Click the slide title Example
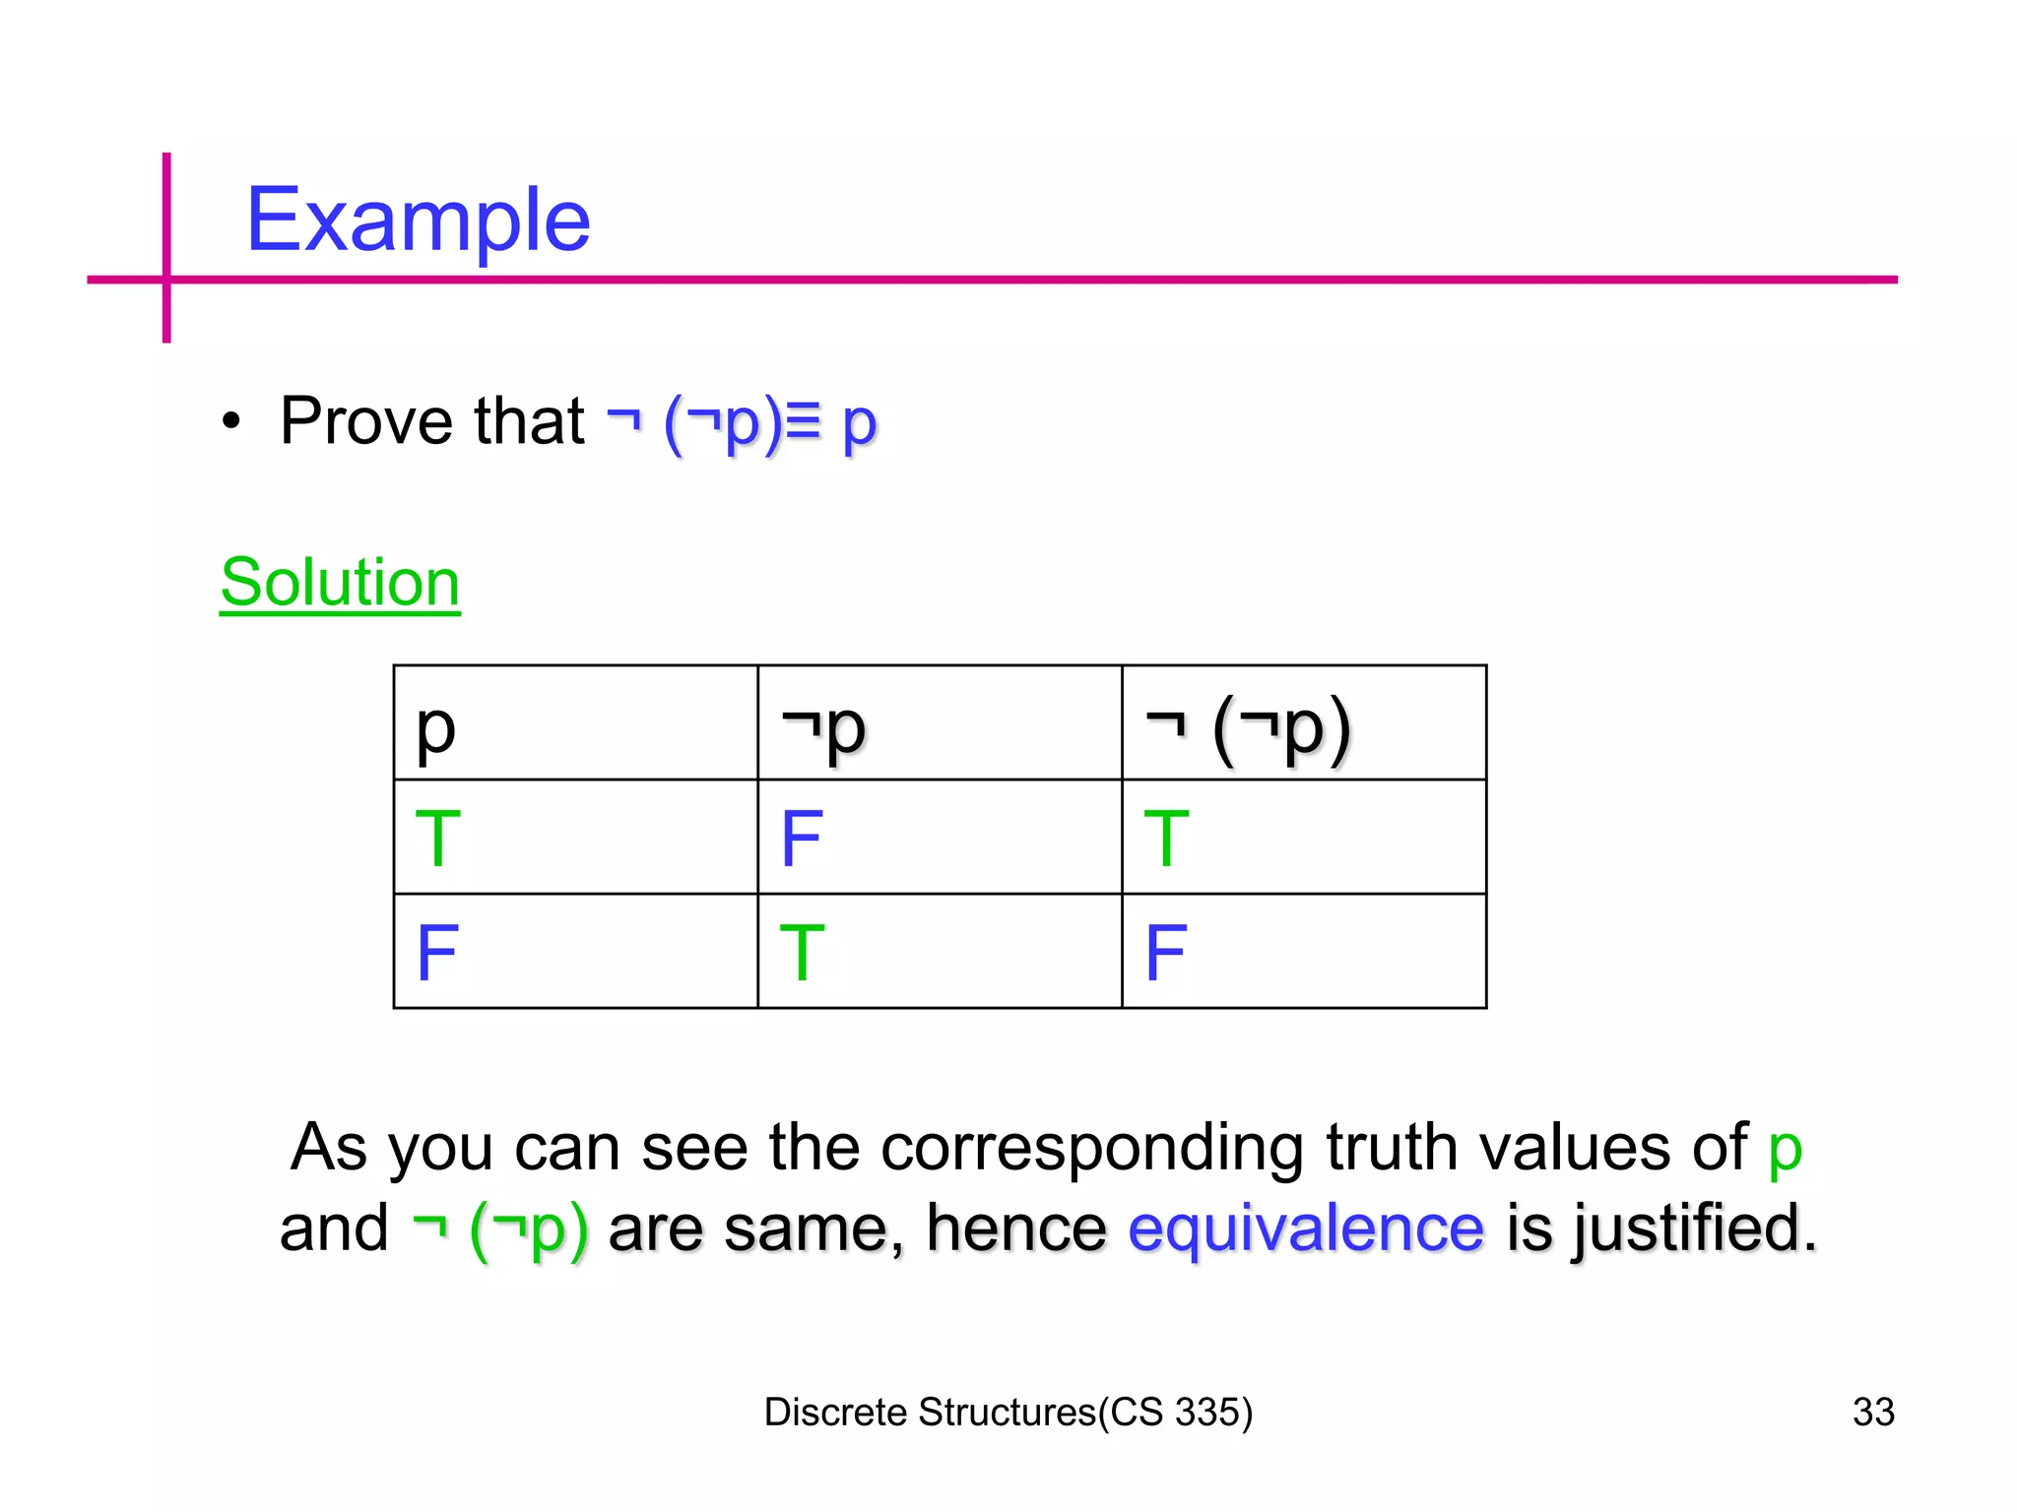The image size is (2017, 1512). pyautogui.click(x=418, y=220)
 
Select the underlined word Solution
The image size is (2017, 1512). pyautogui.click(x=340, y=583)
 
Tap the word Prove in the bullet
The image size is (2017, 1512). pyautogui.click(x=364, y=421)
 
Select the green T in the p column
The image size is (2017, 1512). pyautogui.click(x=438, y=839)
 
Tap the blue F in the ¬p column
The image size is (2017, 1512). pyautogui.click(x=802, y=839)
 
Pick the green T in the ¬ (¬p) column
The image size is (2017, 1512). pyautogui.click(x=1167, y=839)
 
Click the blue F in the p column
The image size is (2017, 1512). pyautogui.click(x=437, y=953)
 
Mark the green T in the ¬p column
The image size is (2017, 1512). pyautogui.click(x=802, y=953)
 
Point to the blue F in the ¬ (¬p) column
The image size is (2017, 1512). pyautogui.click(x=1166, y=953)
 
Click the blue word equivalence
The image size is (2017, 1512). pyautogui.click(x=1306, y=1228)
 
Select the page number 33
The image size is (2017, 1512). pyautogui.click(x=1873, y=1412)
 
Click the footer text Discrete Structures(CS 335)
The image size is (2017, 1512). pyautogui.click(x=1008, y=1412)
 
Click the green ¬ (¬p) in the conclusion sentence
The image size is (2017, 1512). pyautogui.click(x=500, y=1228)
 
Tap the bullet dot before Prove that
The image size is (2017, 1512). pyautogui.click(x=231, y=422)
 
